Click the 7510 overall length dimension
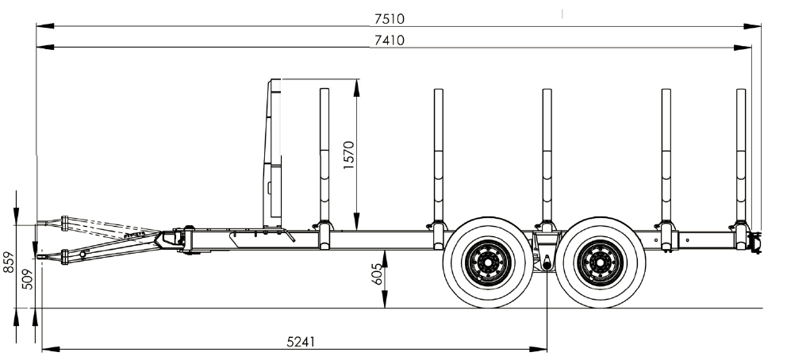[x=390, y=18]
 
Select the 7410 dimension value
[x=390, y=40]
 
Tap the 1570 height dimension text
[x=349, y=155]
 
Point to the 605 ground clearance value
[x=377, y=274]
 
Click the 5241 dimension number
[x=301, y=342]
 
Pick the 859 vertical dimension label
[x=9, y=262]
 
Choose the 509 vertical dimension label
[x=28, y=279]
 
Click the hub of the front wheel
[x=488, y=262]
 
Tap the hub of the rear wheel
[x=601, y=262]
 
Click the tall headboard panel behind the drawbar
[x=273, y=153]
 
